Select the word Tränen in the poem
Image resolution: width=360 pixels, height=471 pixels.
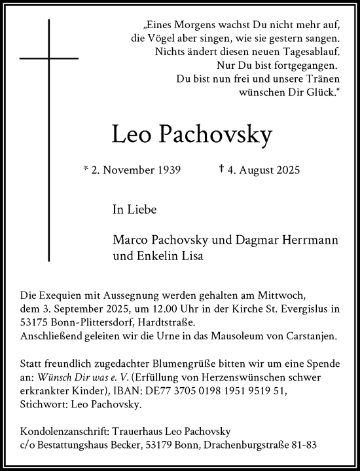321,80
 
